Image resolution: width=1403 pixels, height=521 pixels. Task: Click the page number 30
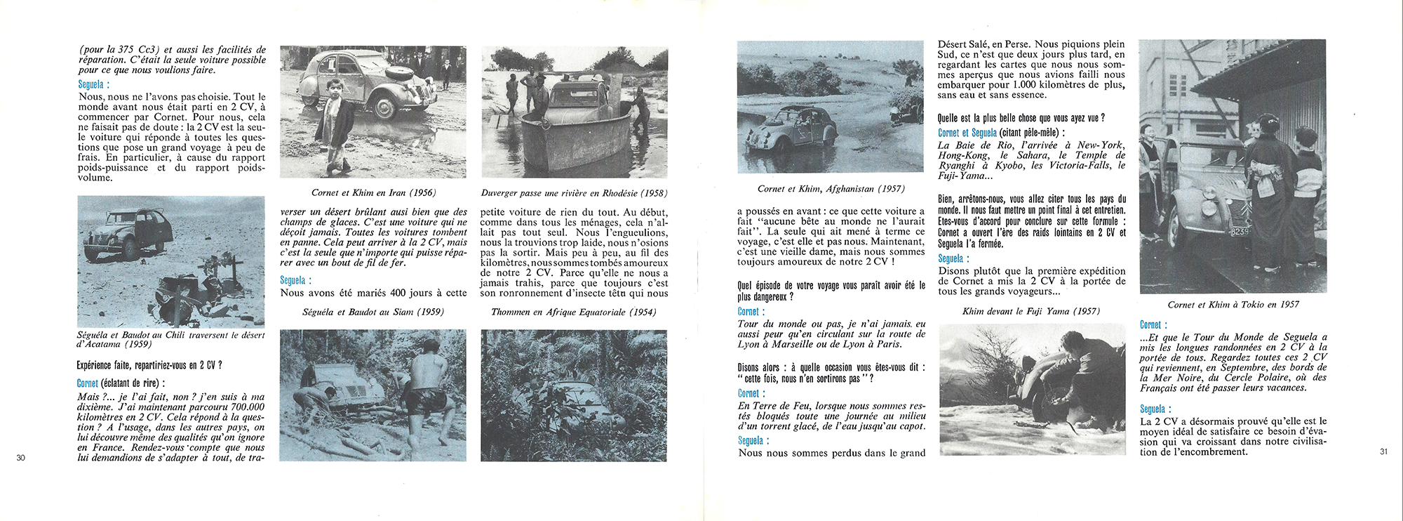(x=20, y=458)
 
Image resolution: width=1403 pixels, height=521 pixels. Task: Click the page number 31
(x=1383, y=451)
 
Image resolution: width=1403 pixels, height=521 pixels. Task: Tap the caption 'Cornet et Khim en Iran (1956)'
(x=373, y=192)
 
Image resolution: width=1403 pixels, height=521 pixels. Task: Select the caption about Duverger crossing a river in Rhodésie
(x=574, y=192)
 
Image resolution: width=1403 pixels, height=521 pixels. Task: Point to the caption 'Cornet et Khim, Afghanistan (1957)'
(x=831, y=188)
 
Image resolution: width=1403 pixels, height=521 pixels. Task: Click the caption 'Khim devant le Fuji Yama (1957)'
(x=1031, y=311)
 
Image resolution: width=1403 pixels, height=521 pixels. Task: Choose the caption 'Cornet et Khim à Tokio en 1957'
(x=1233, y=304)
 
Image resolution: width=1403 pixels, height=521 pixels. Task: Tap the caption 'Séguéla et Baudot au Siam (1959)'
(x=373, y=311)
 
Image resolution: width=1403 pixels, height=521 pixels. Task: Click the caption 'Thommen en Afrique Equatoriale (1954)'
(x=574, y=312)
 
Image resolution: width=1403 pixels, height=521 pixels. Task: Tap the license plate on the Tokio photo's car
(x=1239, y=231)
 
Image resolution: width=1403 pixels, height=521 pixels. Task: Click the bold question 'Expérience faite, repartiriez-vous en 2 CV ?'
(x=149, y=365)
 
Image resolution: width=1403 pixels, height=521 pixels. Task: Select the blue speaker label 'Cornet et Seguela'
(x=967, y=133)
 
